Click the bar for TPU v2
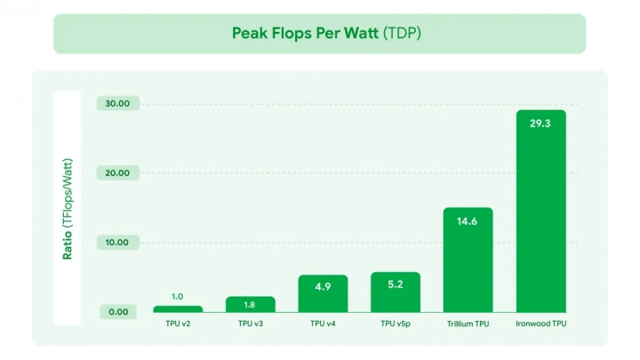point(178,308)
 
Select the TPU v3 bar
point(250,304)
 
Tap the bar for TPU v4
point(323,293)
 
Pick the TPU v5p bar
point(396,292)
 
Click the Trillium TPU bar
point(468,260)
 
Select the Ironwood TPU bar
point(540,211)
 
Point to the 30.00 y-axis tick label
point(118,103)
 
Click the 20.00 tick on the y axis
point(118,172)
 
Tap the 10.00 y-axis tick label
point(118,242)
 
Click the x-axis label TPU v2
point(178,324)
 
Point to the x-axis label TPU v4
point(323,324)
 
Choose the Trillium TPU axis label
point(468,324)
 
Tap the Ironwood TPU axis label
point(540,324)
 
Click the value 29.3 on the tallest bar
point(540,124)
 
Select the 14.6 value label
point(468,220)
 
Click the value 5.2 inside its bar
point(396,285)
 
